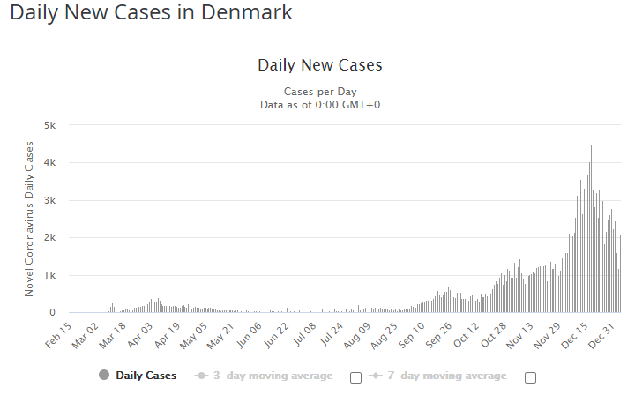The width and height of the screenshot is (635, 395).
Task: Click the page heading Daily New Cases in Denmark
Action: coord(151,13)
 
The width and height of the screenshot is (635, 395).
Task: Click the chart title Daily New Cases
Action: coord(319,65)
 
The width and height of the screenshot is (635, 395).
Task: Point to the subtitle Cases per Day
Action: coord(319,92)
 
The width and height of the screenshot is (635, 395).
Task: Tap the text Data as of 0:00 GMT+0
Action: coord(319,104)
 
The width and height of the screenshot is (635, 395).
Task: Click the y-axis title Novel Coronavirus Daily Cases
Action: coord(29,219)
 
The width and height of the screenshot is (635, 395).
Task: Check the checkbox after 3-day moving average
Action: coord(355,377)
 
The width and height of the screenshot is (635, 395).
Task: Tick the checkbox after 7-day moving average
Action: coord(530,377)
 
